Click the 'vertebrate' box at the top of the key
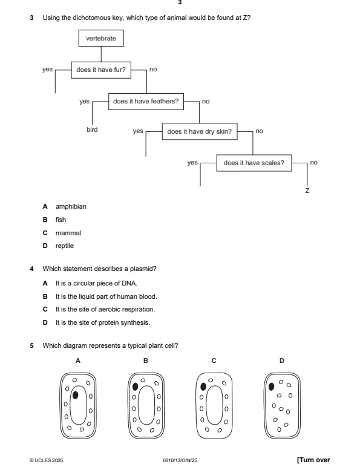click(x=101, y=39)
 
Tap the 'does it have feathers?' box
click(x=146, y=100)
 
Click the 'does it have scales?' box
click(x=254, y=163)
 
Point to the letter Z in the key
click(x=307, y=191)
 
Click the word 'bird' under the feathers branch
click(x=91, y=129)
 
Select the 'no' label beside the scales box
click(x=313, y=162)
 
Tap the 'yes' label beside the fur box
click(x=47, y=70)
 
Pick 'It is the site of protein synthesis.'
click(x=97, y=321)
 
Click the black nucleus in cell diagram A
click(x=75, y=394)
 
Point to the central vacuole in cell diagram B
click(x=145, y=406)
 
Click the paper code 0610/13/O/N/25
click(x=180, y=460)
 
